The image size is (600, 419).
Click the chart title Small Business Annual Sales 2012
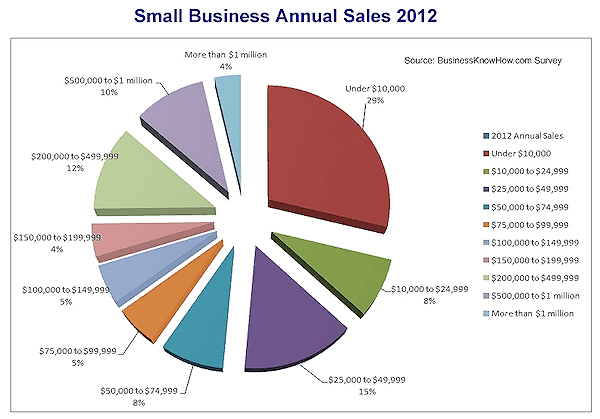click(299, 17)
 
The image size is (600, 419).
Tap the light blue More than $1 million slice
click(230, 100)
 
